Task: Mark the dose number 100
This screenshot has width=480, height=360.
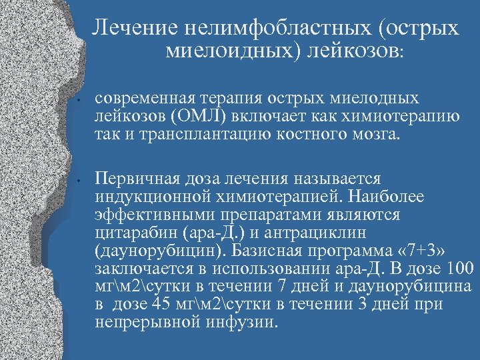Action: [x=459, y=269]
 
